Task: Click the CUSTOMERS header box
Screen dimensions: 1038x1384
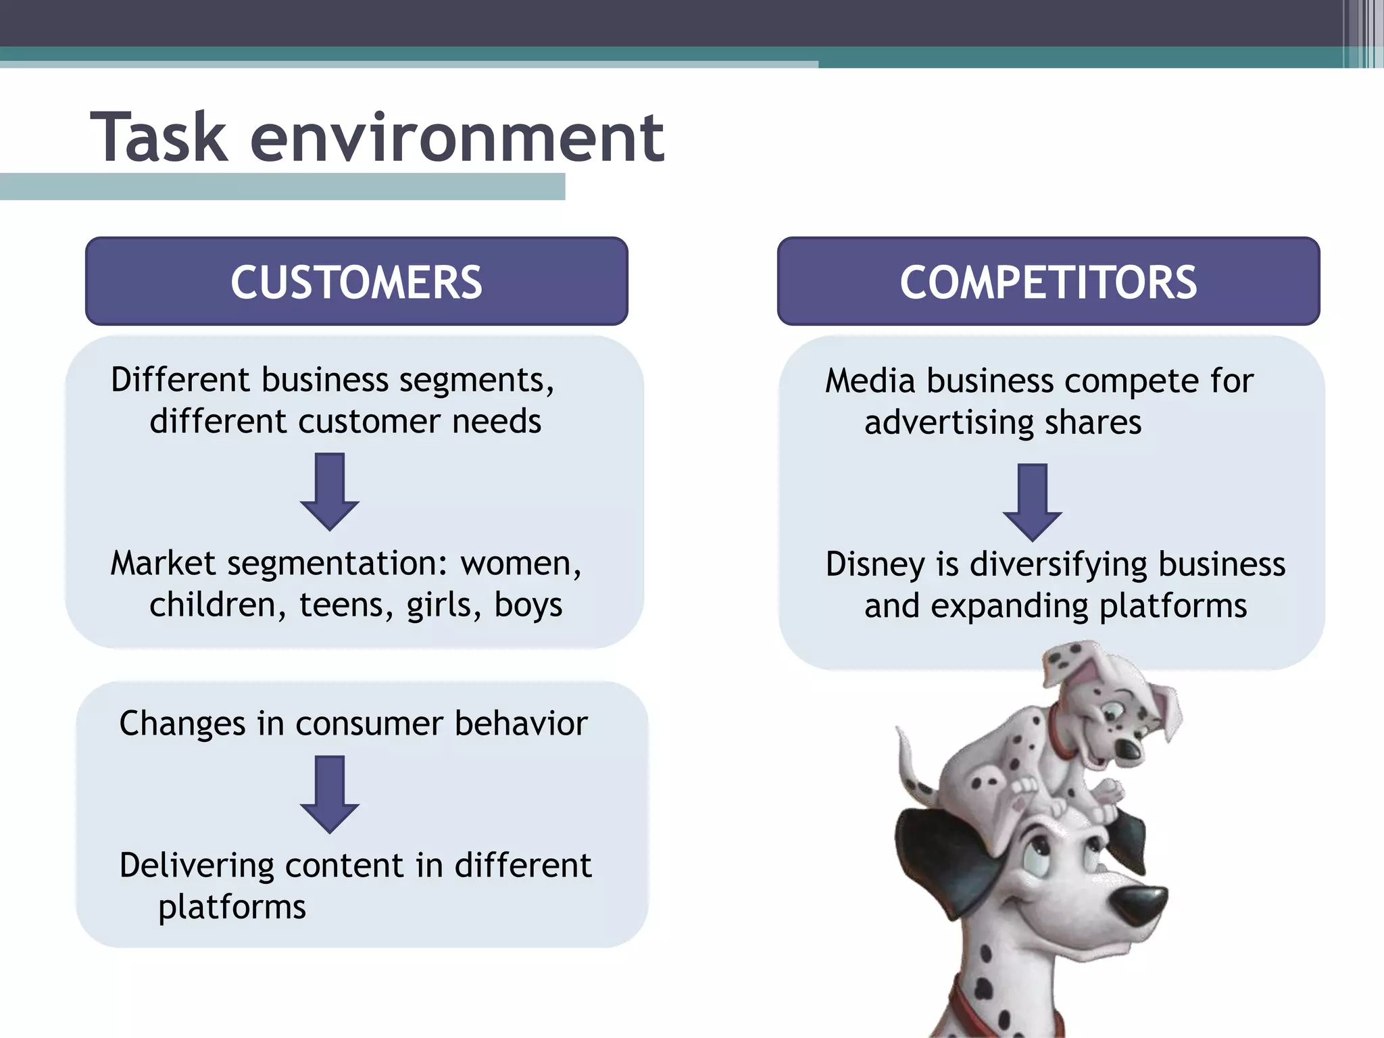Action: pyautogui.click(x=356, y=281)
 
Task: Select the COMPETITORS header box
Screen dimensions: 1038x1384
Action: pyautogui.click(x=1048, y=281)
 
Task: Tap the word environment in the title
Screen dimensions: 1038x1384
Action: pyautogui.click(x=458, y=139)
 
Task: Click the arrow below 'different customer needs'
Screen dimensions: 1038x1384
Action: pyautogui.click(x=330, y=491)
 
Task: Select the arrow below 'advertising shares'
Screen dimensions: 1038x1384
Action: pyautogui.click(x=1032, y=501)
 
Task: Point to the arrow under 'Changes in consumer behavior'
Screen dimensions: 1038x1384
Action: pyautogui.click(x=330, y=794)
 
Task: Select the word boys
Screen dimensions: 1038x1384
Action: pyautogui.click(x=528, y=605)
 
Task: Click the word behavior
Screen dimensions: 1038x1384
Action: pyautogui.click(x=521, y=724)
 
